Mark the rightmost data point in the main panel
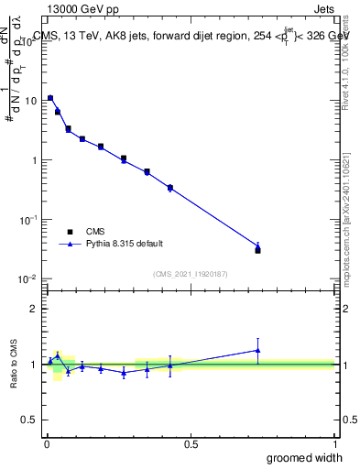(257, 249)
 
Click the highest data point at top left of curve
(50, 98)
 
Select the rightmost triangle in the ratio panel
(257, 350)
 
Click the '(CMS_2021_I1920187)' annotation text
(191, 273)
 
